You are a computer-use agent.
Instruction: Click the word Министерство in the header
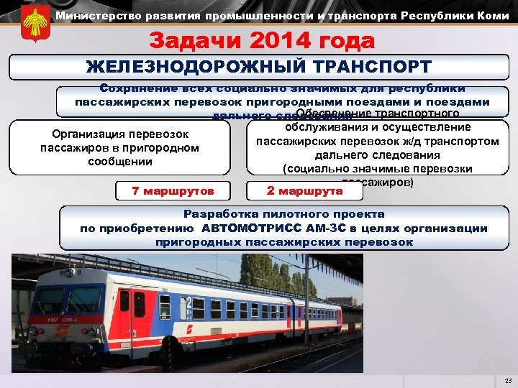(x=87, y=15)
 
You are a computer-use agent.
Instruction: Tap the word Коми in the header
(x=494, y=15)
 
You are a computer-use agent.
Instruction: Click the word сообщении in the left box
(x=120, y=162)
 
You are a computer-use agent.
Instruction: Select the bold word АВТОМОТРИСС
(x=252, y=228)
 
